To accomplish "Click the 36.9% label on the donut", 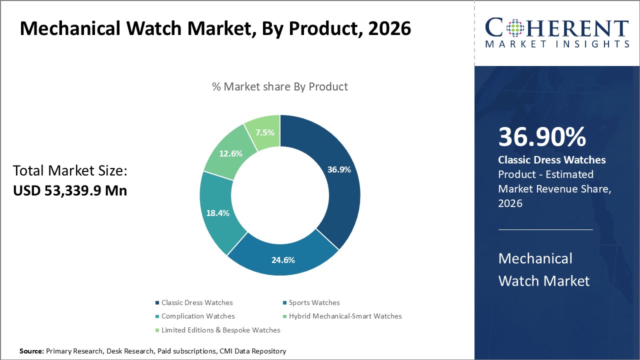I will click(x=339, y=169).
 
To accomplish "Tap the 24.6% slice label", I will click(x=282, y=260).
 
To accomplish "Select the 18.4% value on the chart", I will click(x=217, y=213).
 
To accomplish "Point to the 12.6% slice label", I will click(x=230, y=153).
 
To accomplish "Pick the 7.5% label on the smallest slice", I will click(x=264, y=132).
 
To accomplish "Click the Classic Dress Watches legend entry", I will click(x=197, y=302).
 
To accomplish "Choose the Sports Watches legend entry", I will click(x=314, y=302).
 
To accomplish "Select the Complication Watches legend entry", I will click(x=198, y=316).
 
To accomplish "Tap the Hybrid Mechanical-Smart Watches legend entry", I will click(x=345, y=316).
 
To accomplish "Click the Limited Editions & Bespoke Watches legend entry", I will click(x=220, y=330).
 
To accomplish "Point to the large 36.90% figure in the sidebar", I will click(x=542, y=137).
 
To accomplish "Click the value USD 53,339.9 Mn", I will click(x=70, y=190).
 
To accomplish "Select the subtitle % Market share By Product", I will click(x=280, y=86).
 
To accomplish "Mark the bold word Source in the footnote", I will click(x=32, y=351).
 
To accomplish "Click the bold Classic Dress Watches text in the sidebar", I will click(x=552, y=160).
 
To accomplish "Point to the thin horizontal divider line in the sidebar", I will click(x=545, y=229).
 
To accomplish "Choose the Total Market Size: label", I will click(x=70, y=171).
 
